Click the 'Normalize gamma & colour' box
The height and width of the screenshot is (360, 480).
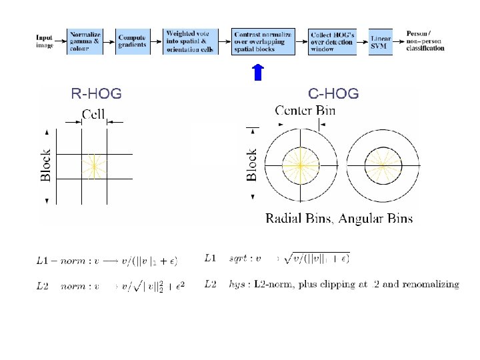pyautogui.click(x=85, y=41)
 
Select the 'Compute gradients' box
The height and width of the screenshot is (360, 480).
pyautogui.click(x=133, y=41)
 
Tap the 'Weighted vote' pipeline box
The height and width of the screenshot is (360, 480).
pyautogui.click(x=191, y=41)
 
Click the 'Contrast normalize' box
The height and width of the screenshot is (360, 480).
pyautogui.click(x=263, y=41)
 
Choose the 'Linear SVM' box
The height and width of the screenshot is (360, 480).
pyautogui.click(x=381, y=41)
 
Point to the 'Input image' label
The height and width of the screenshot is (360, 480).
pyautogui.click(x=45, y=41)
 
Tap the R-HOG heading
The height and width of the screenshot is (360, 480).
pyautogui.click(x=97, y=94)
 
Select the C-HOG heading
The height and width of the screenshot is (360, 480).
pyautogui.click(x=333, y=94)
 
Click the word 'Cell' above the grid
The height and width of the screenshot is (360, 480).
pyautogui.click(x=93, y=115)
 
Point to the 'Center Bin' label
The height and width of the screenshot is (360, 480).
pyautogui.click(x=305, y=111)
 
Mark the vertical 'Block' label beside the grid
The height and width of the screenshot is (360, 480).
pyautogui.click(x=46, y=164)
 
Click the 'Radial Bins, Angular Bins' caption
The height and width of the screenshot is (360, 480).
pyautogui.click(x=339, y=218)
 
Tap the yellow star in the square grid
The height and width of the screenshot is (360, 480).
pyautogui.click(x=95, y=165)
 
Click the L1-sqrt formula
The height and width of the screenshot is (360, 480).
pyautogui.click(x=278, y=257)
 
